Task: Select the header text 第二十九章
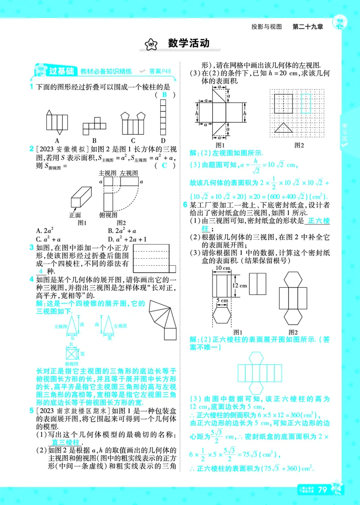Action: [308, 27]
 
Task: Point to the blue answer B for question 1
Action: [164, 95]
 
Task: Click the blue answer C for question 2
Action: [164, 165]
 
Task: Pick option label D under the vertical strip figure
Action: [163, 140]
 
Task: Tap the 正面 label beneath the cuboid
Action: [75, 215]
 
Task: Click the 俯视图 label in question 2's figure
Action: [108, 215]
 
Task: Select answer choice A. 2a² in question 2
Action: [45, 231]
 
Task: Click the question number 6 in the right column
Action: [184, 205]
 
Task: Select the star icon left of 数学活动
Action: [152, 44]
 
